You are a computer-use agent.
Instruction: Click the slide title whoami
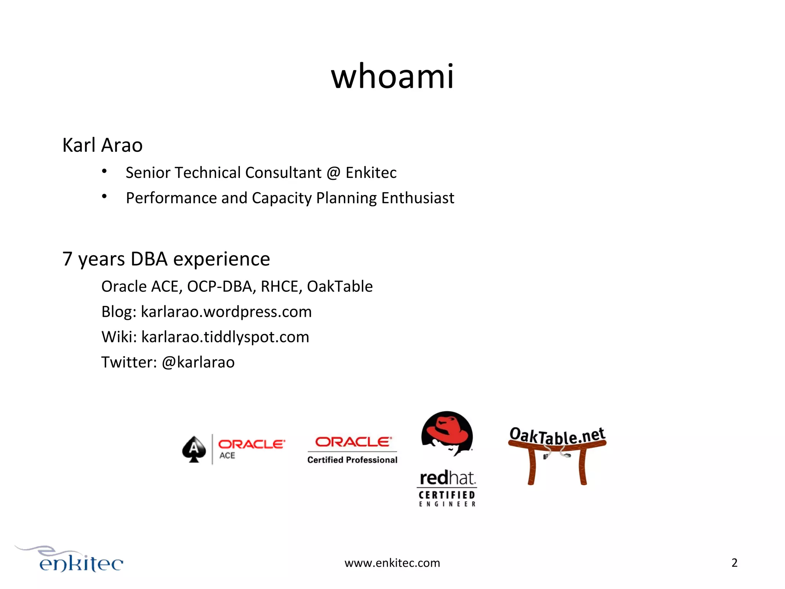[x=392, y=77]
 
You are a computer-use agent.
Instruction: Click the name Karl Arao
[x=102, y=145]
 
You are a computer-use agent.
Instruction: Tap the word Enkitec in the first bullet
[x=371, y=173]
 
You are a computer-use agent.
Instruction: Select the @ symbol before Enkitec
[x=333, y=173]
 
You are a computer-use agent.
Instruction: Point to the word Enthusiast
[x=417, y=198]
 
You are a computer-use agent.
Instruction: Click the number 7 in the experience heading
[x=67, y=259]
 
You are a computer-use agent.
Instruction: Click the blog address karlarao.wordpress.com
[x=226, y=312]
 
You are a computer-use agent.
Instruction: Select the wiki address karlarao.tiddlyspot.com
[x=225, y=337]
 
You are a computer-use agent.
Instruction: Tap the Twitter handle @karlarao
[x=198, y=362]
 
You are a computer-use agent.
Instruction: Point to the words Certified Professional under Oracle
[x=352, y=460]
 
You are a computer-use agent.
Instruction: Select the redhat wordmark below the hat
[x=447, y=478]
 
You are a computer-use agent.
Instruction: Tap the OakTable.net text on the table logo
[x=557, y=436]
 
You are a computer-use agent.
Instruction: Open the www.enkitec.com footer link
[x=392, y=563]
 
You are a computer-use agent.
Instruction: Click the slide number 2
[x=734, y=563]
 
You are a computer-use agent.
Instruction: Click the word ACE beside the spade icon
[x=227, y=456]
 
